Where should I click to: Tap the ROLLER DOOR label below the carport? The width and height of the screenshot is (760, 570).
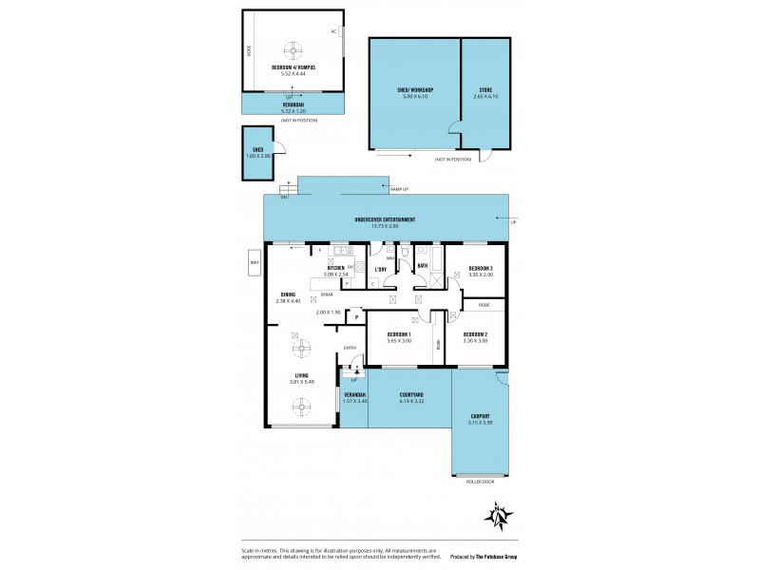480,483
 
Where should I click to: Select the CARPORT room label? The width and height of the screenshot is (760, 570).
480,416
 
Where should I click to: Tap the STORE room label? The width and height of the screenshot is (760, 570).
485,90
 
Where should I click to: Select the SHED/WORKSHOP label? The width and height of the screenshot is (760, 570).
414,90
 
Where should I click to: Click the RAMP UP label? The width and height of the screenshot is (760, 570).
399,190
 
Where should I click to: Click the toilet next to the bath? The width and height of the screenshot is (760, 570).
405,254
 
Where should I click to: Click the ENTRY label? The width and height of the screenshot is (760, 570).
350,348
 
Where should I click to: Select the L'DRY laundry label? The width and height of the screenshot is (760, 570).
380,269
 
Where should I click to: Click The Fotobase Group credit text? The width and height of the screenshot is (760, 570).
489,557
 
